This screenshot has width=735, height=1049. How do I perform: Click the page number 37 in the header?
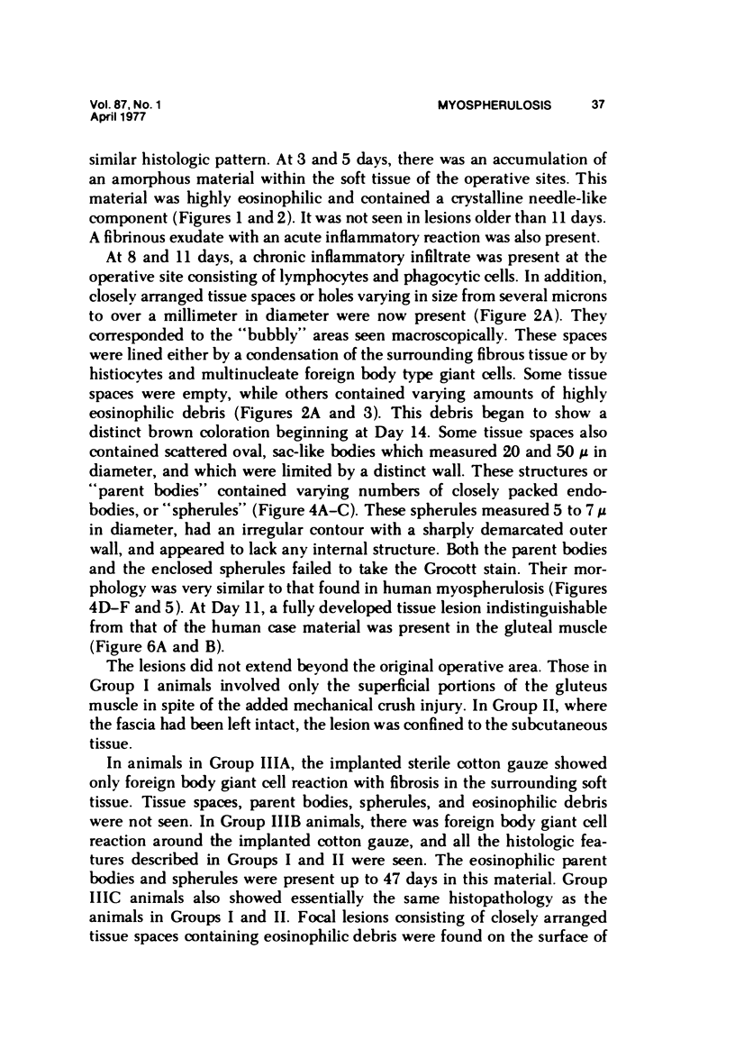tap(597, 105)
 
